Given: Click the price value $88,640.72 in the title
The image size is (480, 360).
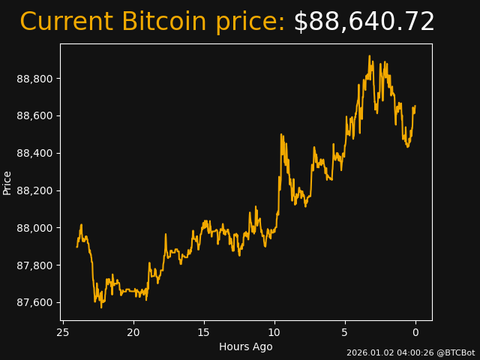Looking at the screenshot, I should [x=364, y=22].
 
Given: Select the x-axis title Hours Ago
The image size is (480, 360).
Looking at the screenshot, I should [x=246, y=346].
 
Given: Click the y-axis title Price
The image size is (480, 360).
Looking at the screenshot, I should [x=7, y=182].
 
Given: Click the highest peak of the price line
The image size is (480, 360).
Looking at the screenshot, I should [x=369, y=55].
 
